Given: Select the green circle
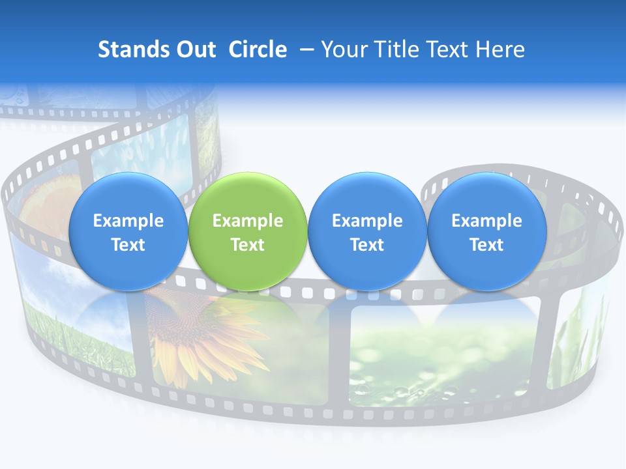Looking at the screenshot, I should tap(247, 232).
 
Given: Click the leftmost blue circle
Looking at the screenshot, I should tap(128, 232).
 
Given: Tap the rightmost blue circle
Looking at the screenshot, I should tap(486, 232).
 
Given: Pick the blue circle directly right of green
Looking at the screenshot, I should tap(367, 232).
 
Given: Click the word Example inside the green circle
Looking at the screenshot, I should tap(247, 221).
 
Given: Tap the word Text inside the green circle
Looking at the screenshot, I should tap(247, 245).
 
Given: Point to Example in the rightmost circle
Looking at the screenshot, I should tap(486, 221).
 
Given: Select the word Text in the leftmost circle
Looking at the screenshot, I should tap(128, 245).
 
